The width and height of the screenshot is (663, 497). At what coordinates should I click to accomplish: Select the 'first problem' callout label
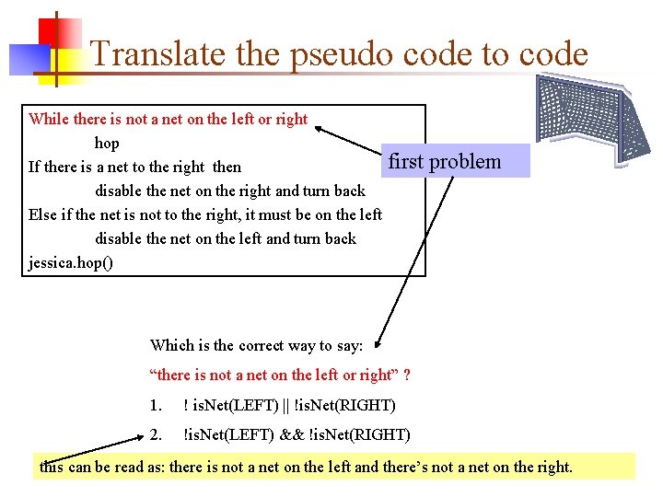[445, 161]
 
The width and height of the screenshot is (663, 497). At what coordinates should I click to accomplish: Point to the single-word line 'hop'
[107, 143]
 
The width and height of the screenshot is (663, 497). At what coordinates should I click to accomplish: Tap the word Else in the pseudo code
[42, 214]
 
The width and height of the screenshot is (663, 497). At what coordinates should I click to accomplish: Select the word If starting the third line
[34, 167]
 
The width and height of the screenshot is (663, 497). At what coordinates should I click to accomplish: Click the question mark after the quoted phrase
[406, 375]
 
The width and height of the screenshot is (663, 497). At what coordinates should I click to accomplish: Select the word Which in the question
[171, 346]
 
